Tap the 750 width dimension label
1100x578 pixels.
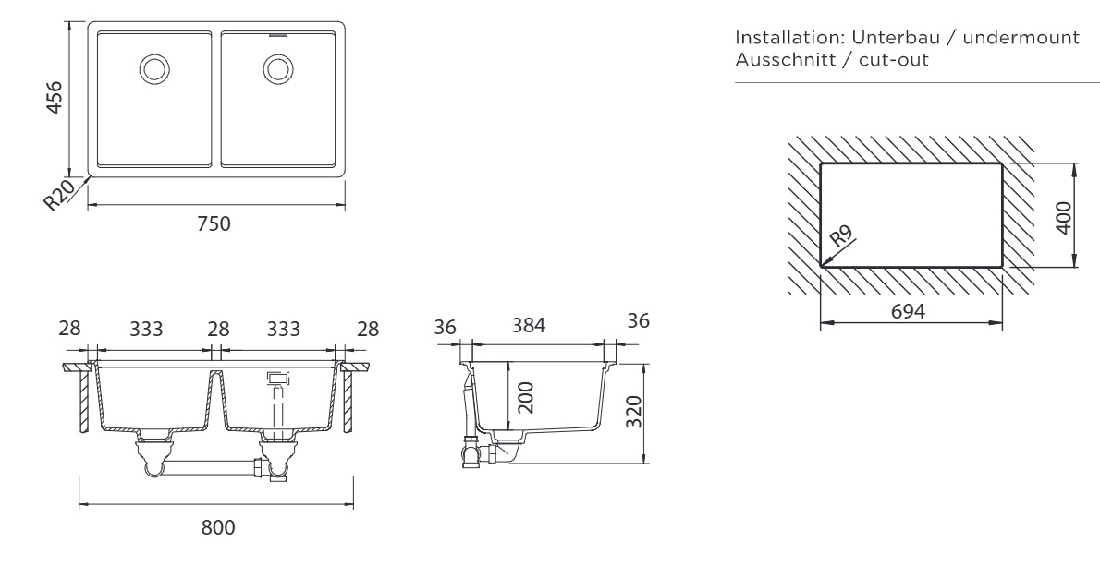[x=214, y=223]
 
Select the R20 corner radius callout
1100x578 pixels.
[x=62, y=195]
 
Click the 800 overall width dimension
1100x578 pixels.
[x=218, y=527]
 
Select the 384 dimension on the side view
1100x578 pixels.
[x=529, y=326]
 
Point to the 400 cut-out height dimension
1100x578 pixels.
[x=1064, y=217]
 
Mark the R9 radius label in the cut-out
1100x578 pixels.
[x=841, y=236]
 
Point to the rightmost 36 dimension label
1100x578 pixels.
[x=638, y=320]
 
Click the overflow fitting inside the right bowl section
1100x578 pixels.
[x=277, y=378]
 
